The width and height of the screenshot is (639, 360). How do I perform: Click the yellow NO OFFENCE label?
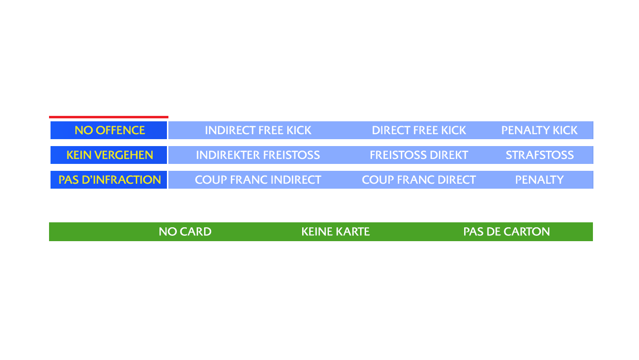109,130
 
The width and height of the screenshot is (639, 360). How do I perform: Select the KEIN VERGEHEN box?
109,155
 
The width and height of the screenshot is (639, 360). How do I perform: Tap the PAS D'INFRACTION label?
109,180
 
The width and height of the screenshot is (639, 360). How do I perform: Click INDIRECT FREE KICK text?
258,130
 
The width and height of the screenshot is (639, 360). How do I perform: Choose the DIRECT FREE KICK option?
419,130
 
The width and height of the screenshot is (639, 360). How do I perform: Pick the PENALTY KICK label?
539,130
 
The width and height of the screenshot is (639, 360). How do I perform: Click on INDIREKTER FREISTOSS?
258,155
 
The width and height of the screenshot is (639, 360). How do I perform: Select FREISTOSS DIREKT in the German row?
419,155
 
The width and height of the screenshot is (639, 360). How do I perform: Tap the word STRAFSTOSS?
539,155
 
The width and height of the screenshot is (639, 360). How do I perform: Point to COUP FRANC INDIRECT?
258,180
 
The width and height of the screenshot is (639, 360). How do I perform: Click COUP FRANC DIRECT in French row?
419,180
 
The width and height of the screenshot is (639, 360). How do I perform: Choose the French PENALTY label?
539,180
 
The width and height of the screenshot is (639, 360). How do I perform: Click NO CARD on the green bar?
185,232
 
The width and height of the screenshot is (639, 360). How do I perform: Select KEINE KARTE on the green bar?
335,232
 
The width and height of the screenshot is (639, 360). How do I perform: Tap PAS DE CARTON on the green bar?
506,232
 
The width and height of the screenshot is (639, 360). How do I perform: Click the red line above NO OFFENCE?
108,117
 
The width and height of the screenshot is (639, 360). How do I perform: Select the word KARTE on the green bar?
352,232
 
